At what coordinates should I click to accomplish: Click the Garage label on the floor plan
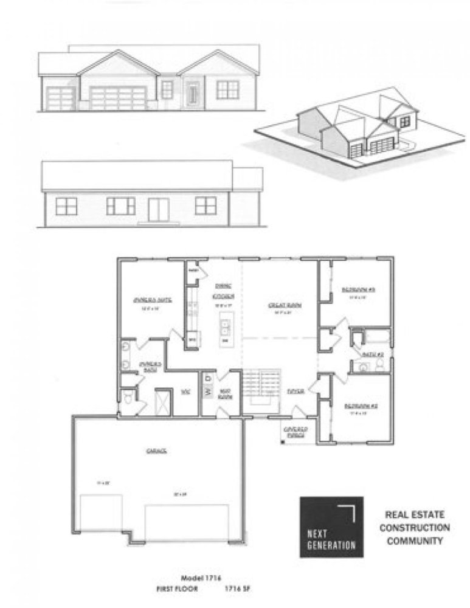tap(156, 451)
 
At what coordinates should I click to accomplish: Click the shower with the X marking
tap(163, 402)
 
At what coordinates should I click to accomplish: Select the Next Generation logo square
tap(331, 527)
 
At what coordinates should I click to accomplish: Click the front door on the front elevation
tap(193, 92)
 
